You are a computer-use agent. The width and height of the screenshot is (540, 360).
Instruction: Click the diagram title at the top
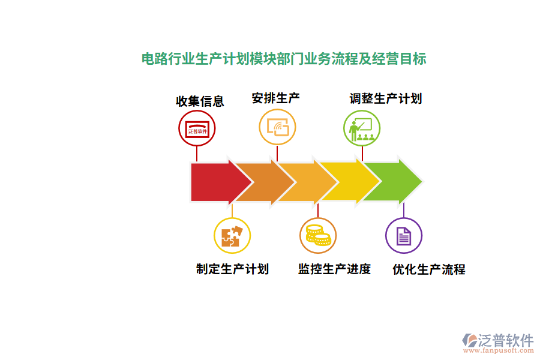coord(284,60)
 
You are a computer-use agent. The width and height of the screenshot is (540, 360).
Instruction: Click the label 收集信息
coord(200,101)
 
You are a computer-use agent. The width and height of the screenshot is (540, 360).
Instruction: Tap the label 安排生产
coord(276,98)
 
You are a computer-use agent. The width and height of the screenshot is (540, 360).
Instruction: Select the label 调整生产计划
coord(386,98)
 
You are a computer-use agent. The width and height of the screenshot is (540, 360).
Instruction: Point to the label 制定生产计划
coord(232,269)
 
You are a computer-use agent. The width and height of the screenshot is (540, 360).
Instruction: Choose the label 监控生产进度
coord(334,269)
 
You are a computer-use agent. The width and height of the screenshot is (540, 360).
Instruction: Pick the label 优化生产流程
coord(428,269)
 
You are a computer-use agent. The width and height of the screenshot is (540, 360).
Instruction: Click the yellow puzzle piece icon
coord(232,235)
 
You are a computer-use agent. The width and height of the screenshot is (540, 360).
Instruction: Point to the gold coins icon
coord(318,235)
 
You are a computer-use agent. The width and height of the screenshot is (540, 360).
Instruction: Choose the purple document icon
coord(403,236)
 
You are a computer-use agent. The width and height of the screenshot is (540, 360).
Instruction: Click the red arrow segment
coord(213,181)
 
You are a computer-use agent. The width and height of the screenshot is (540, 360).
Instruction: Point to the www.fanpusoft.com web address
coord(497,351)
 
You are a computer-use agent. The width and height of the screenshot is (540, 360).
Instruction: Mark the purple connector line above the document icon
coord(403,210)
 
